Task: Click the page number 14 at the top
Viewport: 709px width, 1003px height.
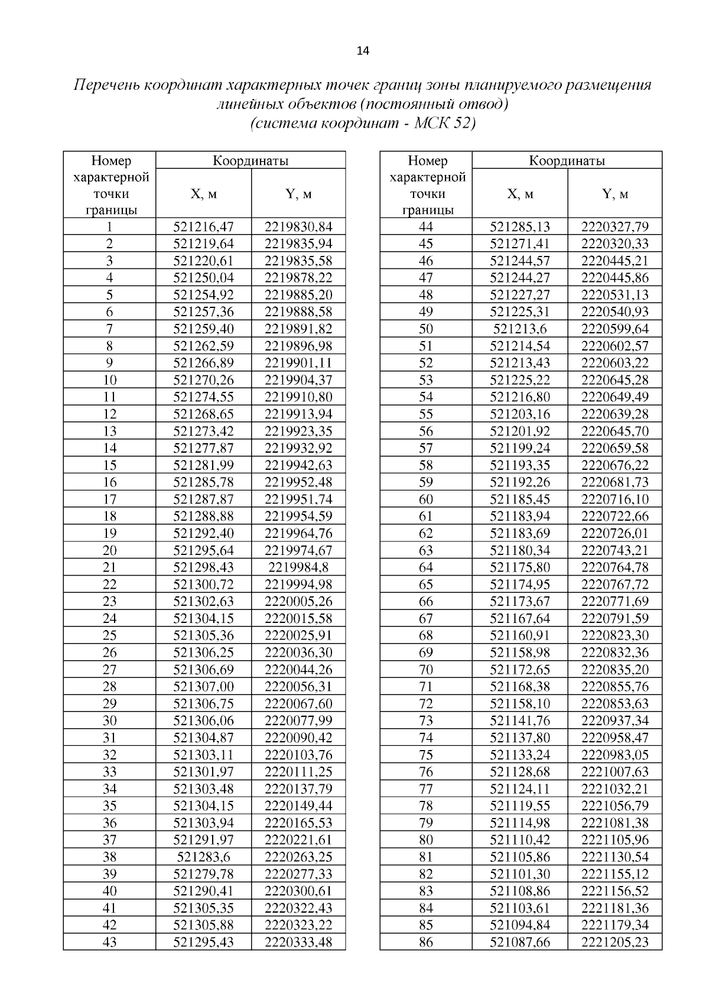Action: click(363, 51)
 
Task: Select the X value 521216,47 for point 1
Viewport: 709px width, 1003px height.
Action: click(203, 226)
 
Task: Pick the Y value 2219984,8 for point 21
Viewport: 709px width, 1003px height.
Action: click(298, 567)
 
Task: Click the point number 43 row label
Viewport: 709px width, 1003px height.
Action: click(109, 942)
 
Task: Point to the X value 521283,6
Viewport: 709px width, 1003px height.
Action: click(203, 856)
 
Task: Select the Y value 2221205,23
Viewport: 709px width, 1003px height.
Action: click(614, 942)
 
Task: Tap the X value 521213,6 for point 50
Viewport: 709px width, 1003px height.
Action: click(520, 329)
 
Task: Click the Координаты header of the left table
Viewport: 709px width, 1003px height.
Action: click(251, 160)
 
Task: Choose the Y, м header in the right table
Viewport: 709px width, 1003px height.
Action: click(614, 194)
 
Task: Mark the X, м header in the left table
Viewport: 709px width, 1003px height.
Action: click(203, 194)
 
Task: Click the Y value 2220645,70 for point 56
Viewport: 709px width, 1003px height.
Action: click(614, 431)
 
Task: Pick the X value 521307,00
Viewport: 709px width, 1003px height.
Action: click(203, 686)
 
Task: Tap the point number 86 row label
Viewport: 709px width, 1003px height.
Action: click(425, 942)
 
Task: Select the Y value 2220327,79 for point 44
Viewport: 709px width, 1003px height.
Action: click(614, 226)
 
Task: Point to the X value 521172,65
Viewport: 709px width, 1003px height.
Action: click(520, 669)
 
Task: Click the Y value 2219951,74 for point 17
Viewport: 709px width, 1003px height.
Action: click(298, 499)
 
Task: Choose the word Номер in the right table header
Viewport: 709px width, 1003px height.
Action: click(428, 160)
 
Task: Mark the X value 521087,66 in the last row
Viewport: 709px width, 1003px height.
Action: click(520, 942)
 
